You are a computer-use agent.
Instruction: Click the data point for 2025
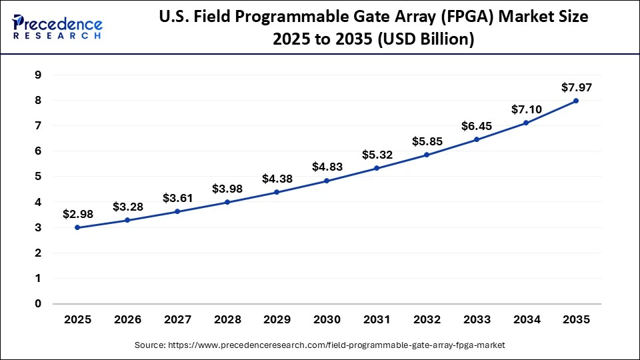click(x=77, y=227)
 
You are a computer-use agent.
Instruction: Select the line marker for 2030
click(x=327, y=181)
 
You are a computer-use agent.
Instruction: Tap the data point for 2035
click(x=576, y=101)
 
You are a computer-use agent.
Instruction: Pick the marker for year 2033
click(x=476, y=139)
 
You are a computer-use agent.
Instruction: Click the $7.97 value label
click(x=576, y=87)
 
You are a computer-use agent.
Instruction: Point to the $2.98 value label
click(x=77, y=214)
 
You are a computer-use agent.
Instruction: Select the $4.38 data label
click(x=277, y=178)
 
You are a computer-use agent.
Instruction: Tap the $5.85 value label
click(x=427, y=141)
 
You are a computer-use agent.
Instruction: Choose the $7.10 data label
click(x=526, y=109)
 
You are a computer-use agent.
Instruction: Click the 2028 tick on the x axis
click(x=227, y=320)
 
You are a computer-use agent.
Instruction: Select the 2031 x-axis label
click(x=377, y=320)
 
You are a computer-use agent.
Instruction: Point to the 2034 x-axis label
click(x=526, y=320)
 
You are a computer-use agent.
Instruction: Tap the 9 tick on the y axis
click(x=37, y=75)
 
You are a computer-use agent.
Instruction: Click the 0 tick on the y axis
click(x=37, y=304)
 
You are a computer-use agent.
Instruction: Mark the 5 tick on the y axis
click(x=37, y=177)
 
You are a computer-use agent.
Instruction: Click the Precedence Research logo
click(x=57, y=27)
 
